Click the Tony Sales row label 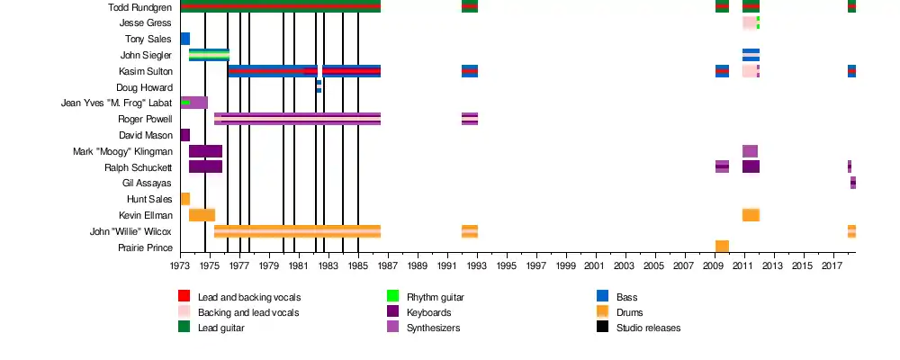(x=148, y=40)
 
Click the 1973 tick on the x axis (x=180, y=266)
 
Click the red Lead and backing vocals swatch (x=184, y=296)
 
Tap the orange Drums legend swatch (x=603, y=311)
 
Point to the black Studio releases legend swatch (x=603, y=327)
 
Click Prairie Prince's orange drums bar (x=722, y=247)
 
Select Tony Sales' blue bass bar (x=184, y=39)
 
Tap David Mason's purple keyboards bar (x=184, y=135)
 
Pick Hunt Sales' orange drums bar (x=184, y=199)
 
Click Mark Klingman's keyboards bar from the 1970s (x=205, y=151)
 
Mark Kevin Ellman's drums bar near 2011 (x=751, y=215)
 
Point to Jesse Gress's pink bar (x=749, y=22)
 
